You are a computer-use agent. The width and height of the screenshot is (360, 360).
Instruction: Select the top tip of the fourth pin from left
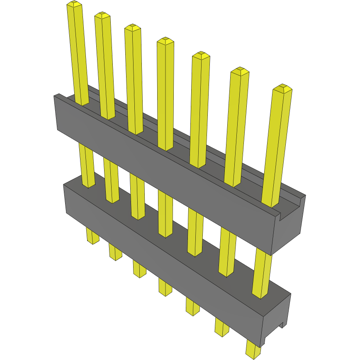point(165,41)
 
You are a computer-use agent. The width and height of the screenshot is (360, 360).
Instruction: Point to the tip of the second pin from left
point(102,15)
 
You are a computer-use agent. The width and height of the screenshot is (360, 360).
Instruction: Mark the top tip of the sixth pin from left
point(239,71)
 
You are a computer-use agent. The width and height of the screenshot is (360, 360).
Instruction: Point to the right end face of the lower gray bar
point(277,317)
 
